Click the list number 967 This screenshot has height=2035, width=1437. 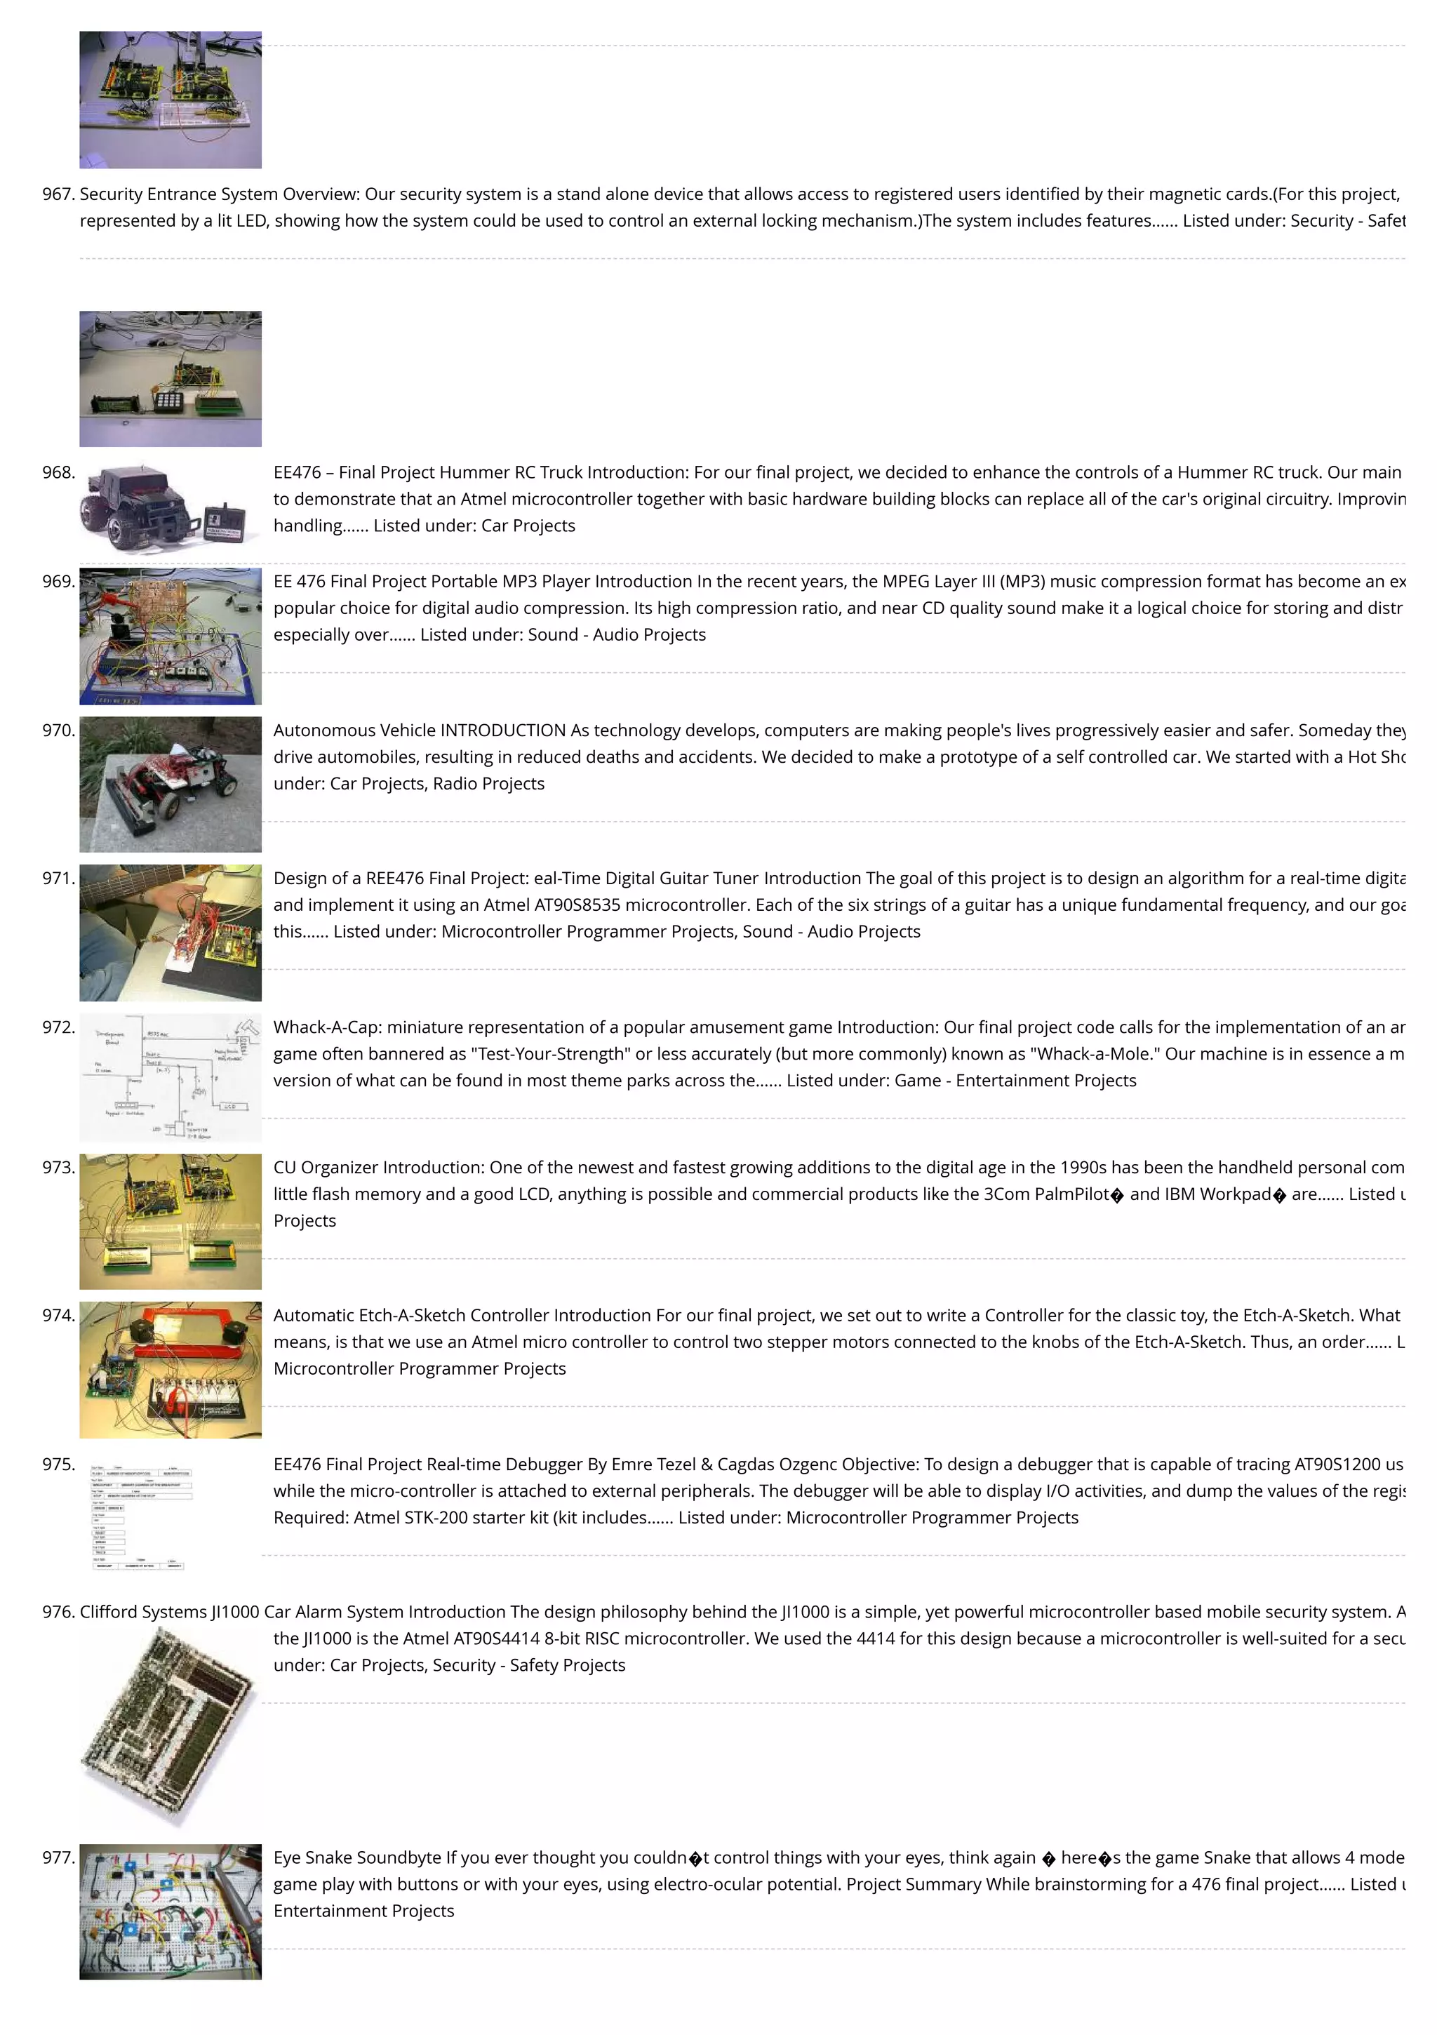[x=58, y=194]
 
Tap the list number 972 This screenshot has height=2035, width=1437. [x=58, y=1027]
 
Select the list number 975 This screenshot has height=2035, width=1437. [x=58, y=1464]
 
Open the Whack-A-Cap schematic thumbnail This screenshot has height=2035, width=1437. [x=171, y=1078]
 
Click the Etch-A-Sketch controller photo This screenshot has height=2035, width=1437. [x=171, y=1369]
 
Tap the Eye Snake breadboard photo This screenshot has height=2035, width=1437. [x=171, y=1911]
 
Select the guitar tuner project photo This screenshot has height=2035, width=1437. [x=171, y=933]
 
